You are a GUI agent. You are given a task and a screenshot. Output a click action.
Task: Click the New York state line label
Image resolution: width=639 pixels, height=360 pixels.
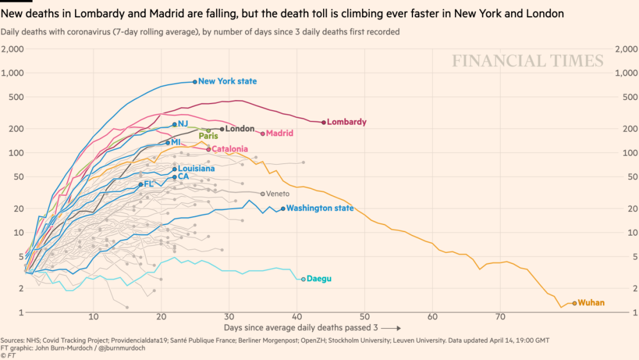click(x=227, y=81)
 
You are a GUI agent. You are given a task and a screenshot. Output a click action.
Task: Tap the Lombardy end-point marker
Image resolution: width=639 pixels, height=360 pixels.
click(x=324, y=122)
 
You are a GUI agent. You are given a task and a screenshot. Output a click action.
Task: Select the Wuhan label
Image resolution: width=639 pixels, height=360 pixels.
click(x=591, y=303)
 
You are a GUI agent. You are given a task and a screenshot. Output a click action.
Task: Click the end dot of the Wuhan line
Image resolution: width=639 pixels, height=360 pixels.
click(x=574, y=303)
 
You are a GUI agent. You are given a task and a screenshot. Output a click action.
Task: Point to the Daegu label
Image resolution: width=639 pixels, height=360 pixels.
click(x=319, y=279)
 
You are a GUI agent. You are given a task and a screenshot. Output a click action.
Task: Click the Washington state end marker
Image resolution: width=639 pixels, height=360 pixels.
click(x=283, y=208)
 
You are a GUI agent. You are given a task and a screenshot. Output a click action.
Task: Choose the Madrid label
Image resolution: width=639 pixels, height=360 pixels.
click(x=279, y=133)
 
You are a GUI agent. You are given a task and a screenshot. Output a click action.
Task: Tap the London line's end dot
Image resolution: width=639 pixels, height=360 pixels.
click(x=222, y=128)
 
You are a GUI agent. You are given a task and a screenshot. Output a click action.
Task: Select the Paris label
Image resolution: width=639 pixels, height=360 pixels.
click(x=208, y=136)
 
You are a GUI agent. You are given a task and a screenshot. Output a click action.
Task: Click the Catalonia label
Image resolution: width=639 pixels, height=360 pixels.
click(x=230, y=149)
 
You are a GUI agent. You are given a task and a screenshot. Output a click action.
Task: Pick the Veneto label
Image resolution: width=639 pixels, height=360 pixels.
click(x=277, y=194)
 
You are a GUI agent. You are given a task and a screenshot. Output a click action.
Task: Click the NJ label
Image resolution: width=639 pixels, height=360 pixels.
click(x=183, y=124)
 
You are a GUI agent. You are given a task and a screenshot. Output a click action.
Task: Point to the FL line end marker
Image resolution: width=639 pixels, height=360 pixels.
click(x=140, y=184)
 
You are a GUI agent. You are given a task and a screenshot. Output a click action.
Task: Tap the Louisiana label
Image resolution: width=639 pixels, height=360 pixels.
click(x=196, y=169)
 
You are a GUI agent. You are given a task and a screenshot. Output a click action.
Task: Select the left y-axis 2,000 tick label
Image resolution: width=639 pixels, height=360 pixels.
click(x=12, y=49)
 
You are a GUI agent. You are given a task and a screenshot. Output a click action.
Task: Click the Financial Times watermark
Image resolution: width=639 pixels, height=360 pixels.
click(x=528, y=60)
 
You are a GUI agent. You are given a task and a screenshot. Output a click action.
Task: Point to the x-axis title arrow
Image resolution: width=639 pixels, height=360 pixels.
click(x=390, y=327)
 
